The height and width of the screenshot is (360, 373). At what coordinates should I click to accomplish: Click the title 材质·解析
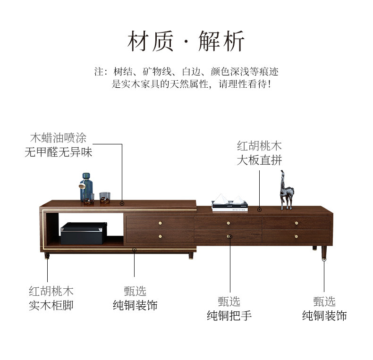(x=186, y=41)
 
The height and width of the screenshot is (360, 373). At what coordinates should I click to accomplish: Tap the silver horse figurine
(x=286, y=191)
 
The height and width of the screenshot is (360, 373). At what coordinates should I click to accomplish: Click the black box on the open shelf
(x=84, y=233)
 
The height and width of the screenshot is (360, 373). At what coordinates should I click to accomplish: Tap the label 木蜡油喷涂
(x=58, y=138)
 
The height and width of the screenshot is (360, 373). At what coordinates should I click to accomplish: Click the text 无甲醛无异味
(x=58, y=152)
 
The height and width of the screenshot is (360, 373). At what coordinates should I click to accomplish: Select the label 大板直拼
(x=259, y=159)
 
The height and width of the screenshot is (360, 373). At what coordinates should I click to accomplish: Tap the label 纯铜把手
(x=229, y=315)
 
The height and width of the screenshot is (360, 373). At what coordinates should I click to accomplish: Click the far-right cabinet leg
(x=324, y=253)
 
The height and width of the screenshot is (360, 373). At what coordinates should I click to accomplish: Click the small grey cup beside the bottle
(x=104, y=197)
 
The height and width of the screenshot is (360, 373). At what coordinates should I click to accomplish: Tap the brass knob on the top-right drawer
(x=297, y=223)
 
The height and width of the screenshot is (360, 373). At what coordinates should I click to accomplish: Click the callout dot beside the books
(x=259, y=209)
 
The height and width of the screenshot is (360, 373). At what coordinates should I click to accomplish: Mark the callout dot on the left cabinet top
(x=122, y=203)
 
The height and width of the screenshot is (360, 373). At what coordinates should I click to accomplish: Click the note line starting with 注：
(x=186, y=72)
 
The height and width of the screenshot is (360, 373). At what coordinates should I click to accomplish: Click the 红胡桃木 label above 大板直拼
(x=259, y=146)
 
